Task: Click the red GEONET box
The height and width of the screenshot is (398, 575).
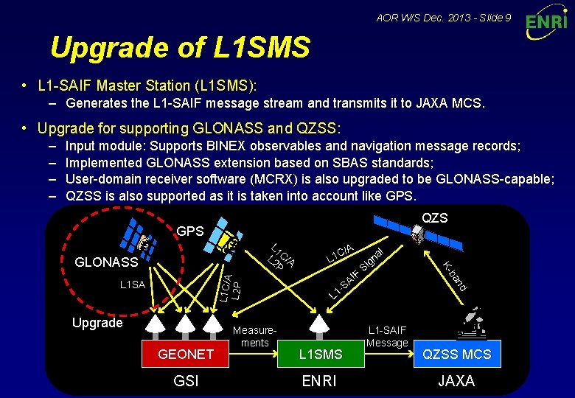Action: (x=186, y=355)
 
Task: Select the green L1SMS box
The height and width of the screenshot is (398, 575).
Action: (x=320, y=355)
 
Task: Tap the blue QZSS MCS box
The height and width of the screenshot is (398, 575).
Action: (x=456, y=355)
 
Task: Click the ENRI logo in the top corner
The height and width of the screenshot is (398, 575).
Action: (x=546, y=23)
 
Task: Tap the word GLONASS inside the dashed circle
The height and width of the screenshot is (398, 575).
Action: (x=107, y=262)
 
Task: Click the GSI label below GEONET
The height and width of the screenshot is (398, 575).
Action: (x=186, y=381)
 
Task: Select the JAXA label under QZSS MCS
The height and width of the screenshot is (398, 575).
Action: (x=456, y=381)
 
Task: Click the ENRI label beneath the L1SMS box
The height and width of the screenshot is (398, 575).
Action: (x=320, y=381)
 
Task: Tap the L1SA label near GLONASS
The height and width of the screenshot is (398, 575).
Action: (x=132, y=284)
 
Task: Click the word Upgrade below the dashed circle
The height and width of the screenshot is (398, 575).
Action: (x=97, y=323)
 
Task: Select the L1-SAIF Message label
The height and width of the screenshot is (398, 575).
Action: (x=386, y=337)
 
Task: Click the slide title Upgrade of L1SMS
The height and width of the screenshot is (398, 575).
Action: (x=180, y=48)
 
